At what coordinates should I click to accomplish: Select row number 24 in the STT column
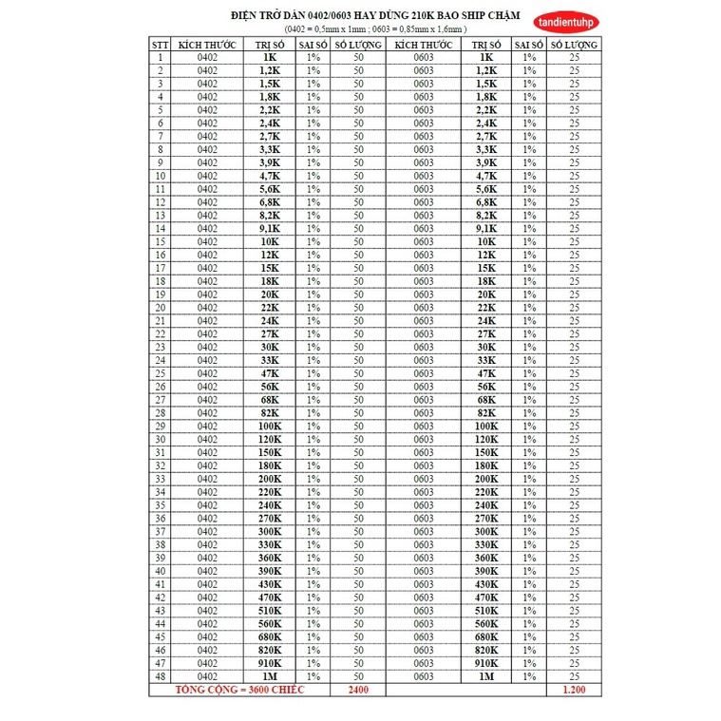tap(161, 360)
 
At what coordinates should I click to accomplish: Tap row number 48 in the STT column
tap(161, 675)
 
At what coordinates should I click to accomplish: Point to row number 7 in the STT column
tap(161, 136)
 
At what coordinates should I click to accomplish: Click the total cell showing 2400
tap(358, 690)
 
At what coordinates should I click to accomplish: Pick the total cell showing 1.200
tap(574, 690)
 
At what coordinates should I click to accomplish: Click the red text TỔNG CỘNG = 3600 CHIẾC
tap(238, 690)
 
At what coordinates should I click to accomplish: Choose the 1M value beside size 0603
tap(486, 675)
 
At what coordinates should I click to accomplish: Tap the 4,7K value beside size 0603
tap(486, 176)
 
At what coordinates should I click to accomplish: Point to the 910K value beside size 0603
tap(486, 662)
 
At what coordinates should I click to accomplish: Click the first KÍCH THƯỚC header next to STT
tap(207, 45)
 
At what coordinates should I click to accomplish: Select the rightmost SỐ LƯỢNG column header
tap(574, 45)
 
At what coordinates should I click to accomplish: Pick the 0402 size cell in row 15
tap(207, 241)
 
